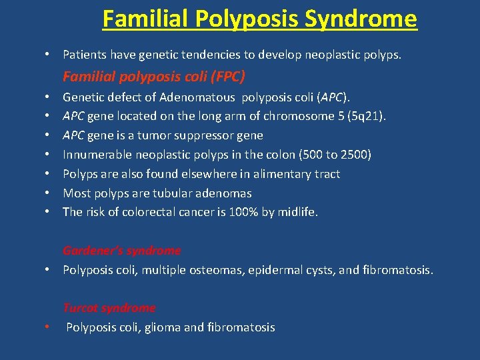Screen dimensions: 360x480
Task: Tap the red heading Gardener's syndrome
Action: [121, 251]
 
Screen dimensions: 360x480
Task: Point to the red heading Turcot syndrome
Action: [109, 308]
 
